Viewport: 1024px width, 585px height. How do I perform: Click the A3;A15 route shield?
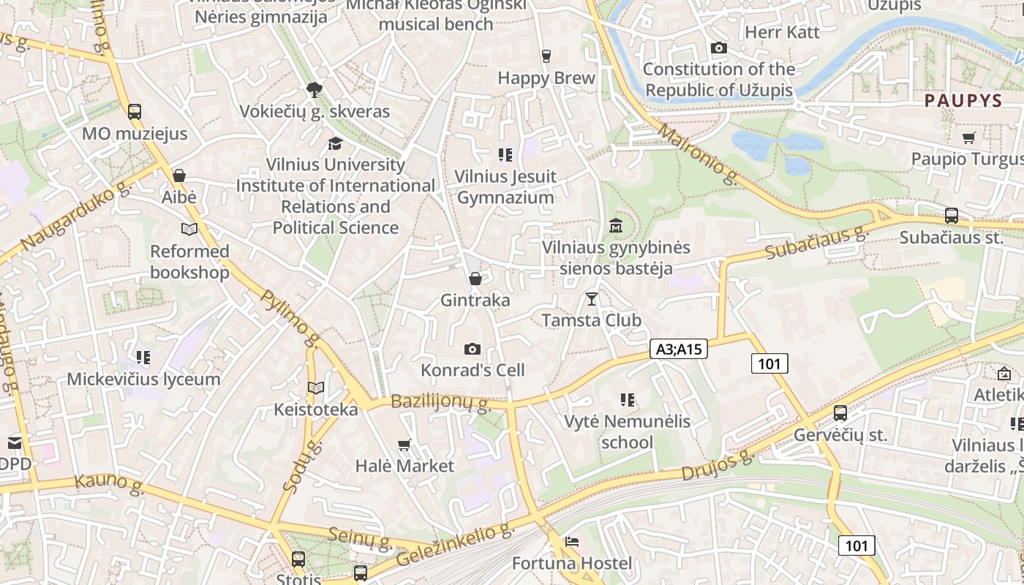(679, 349)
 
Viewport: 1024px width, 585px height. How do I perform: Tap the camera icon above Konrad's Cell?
(473, 350)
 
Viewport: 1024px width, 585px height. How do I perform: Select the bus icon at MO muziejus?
(135, 112)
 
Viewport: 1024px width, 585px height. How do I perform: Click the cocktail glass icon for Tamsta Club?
(592, 298)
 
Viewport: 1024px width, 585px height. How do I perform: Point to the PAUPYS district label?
(963, 101)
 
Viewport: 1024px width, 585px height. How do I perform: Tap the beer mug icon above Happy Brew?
(546, 56)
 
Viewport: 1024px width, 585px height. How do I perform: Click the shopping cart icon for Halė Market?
(404, 445)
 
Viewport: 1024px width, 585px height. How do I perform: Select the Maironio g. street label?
(699, 154)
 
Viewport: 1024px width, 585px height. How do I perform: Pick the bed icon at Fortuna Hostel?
(572, 542)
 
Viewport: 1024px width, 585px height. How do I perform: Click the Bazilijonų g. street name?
(440, 401)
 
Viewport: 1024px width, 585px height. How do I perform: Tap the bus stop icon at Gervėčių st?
(840, 413)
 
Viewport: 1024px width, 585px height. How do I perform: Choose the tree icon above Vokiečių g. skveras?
(315, 90)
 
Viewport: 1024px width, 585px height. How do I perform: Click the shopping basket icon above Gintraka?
(475, 279)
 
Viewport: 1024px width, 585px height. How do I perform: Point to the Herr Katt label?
(782, 32)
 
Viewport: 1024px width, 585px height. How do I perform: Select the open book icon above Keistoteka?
(316, 388)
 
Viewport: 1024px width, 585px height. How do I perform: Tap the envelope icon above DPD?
(15, 442)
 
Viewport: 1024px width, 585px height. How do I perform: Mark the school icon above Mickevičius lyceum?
(143, 358)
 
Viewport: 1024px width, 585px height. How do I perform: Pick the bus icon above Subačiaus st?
(951, 216)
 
